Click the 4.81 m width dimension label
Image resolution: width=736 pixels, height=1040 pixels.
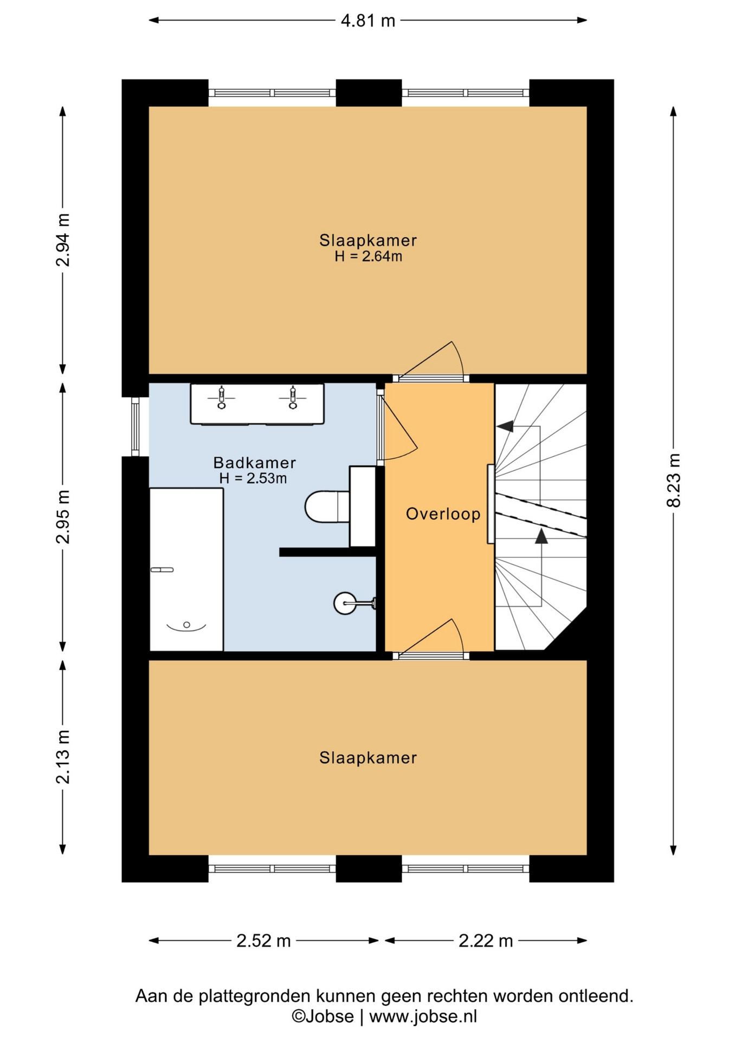[367, 21]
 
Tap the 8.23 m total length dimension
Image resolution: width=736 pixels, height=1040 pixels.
[673, 480]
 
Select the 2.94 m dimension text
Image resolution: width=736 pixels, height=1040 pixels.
[63, 240]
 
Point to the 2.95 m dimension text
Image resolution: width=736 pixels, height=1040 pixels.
[63, 516]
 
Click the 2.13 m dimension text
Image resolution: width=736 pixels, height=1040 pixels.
[63, 757]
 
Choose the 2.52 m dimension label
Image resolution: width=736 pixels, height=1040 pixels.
[263, 941]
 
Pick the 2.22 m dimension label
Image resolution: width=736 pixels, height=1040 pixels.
[486, 941]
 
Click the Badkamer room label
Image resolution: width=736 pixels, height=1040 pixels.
[254, 463]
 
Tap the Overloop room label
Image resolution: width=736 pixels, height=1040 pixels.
[443, 513]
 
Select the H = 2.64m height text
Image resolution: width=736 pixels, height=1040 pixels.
[368, 256]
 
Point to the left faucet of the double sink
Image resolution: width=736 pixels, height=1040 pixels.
[221, 397]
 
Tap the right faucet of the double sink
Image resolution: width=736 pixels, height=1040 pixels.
[293, 397]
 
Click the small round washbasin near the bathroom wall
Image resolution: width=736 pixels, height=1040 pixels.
[345, 603]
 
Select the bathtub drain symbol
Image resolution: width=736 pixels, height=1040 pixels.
[186, 625]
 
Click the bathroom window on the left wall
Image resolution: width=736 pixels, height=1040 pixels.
[135, 427]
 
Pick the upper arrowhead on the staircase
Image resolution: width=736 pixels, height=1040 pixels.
[505, 426]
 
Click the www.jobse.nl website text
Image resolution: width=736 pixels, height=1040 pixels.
[423, 1017]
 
